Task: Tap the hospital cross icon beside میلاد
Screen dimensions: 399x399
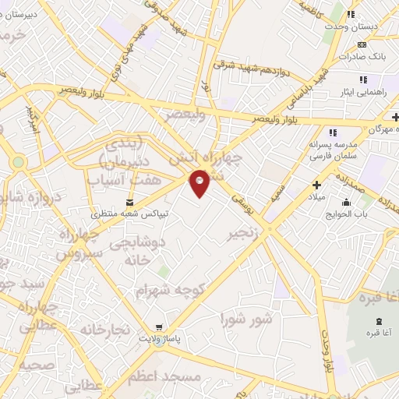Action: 316,185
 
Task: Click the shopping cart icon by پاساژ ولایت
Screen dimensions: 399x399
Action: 160,327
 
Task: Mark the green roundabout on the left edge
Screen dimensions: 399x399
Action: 18,162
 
